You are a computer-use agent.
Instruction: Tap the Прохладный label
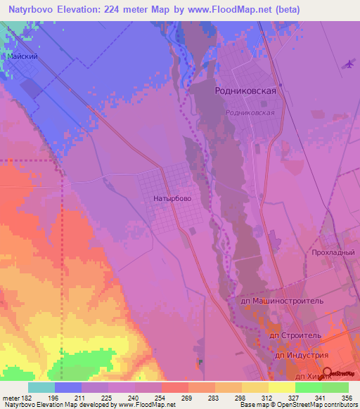pos(333,252)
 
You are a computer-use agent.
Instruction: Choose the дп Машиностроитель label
pos(282,300)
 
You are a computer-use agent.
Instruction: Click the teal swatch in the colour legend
pos(41,387)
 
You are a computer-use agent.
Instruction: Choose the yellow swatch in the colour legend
pos(282,387)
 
